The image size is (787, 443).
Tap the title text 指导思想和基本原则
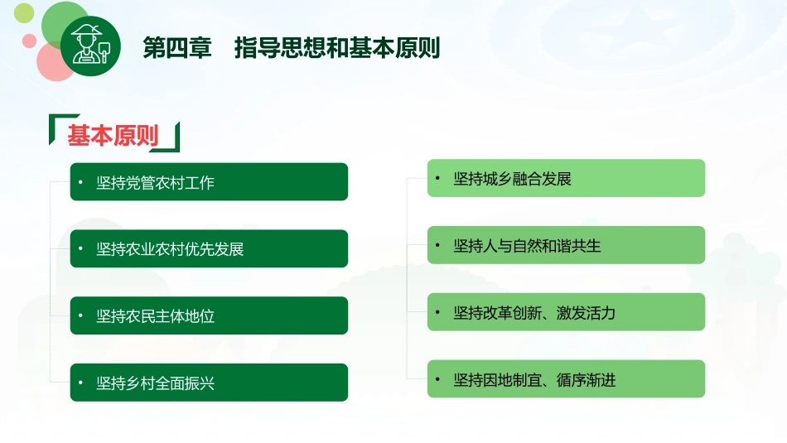pos(336,48)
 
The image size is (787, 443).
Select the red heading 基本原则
pos(113,136)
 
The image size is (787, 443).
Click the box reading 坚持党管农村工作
pos(209,182)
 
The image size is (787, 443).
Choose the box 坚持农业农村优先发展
pos(209,249)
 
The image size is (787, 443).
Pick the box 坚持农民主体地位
pos(209,315)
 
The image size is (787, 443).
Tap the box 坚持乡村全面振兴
pos(209,383)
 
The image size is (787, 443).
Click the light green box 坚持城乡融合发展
pos(566,178)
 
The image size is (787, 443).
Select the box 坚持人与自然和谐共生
pos(566,245)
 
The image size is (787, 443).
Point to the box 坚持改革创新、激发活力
pos(566,312)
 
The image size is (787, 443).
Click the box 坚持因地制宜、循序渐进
pos(566,379)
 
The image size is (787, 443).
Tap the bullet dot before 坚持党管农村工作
pos(80,182)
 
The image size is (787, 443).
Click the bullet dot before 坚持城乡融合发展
pos(437,178)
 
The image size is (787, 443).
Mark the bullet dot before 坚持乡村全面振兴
pos(80,383)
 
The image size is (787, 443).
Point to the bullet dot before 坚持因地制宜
pos(437,379)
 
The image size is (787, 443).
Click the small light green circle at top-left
pos(25,12)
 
